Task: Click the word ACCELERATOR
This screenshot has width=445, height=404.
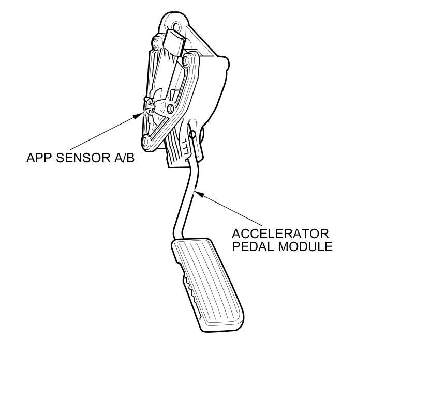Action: point(279,234)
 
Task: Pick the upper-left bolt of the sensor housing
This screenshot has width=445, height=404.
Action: point(155,41)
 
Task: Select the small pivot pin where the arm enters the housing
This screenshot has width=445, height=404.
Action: point(192,135)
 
